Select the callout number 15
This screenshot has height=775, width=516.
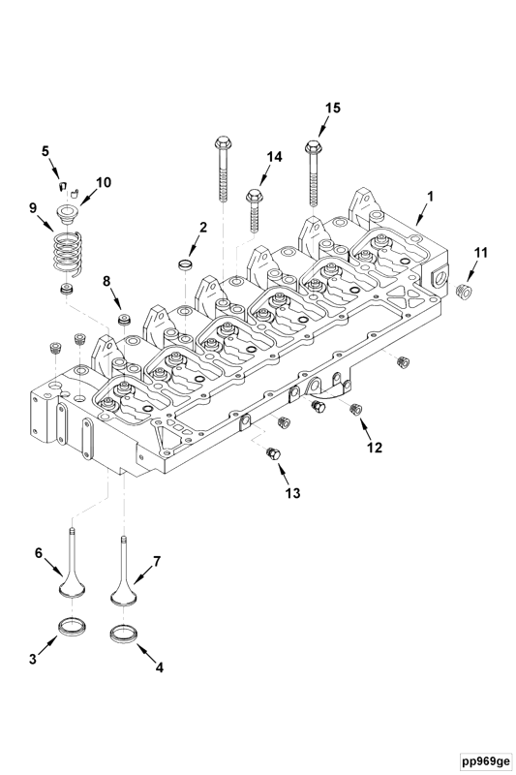[x=332, y=108]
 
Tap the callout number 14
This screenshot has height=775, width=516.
[x=274, y=156]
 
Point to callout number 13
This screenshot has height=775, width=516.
[x=292, y=492]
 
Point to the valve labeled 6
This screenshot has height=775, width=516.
[x=72, y=572]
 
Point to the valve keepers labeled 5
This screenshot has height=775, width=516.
[x=62, y=184]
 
